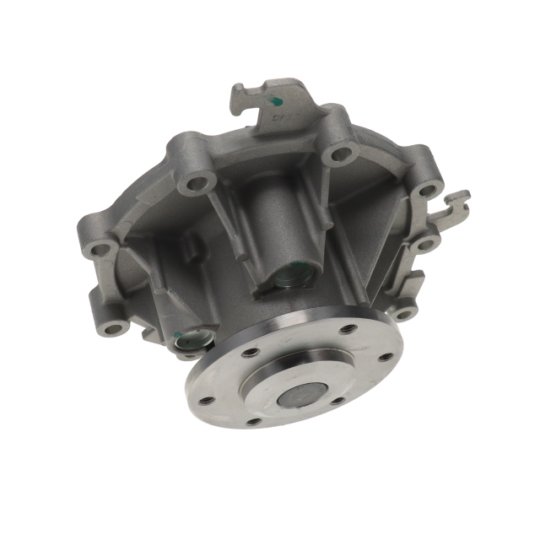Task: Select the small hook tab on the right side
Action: [456, 202]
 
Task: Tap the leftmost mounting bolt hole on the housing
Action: [102, 249]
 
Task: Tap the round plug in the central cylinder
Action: [292, 276]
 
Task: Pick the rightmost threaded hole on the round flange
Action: [386, 356]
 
